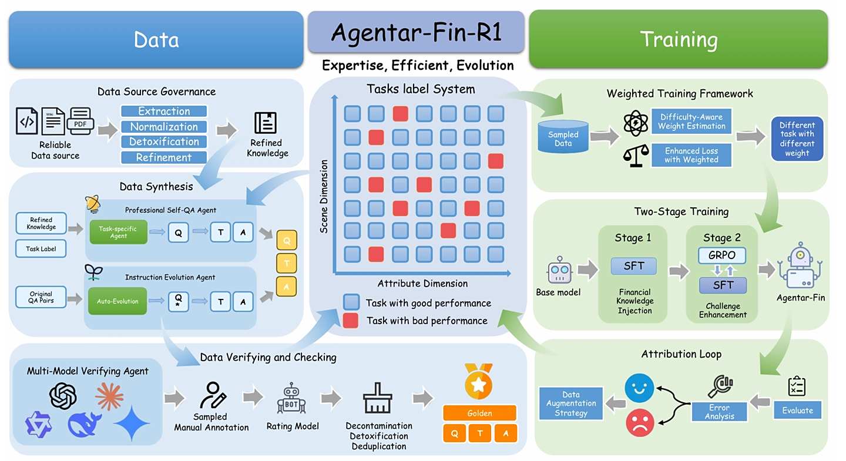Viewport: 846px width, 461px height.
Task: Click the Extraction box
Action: point(164,111)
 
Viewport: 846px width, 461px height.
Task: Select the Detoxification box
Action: point(164,142)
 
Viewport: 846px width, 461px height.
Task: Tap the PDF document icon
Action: point(80,122)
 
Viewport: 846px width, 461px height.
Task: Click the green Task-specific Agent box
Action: point(118,232)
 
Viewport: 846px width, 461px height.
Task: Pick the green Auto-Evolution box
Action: point(117,301)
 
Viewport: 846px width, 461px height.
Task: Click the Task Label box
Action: point(41,249)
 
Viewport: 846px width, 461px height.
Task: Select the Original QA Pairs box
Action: point(41,297)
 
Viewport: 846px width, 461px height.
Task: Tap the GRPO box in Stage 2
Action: point(721,255)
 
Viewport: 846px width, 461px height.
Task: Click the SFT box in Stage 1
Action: point(634,266)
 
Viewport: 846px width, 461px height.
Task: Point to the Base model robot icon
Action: point(560,270)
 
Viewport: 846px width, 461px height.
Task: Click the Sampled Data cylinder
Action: point(563,137)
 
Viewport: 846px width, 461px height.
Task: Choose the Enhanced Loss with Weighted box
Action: point(691,155)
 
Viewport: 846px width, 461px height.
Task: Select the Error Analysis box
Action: point(719,412)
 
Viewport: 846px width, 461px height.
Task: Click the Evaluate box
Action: point(797,410)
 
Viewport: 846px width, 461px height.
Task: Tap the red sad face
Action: point(640,423)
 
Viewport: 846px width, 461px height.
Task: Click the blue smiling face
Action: point(639,388)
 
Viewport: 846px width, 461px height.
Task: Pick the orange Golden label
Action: point(479,413)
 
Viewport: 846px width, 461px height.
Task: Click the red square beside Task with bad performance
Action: point(351,320)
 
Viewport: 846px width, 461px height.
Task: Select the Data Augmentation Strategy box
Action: point(570,403)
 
